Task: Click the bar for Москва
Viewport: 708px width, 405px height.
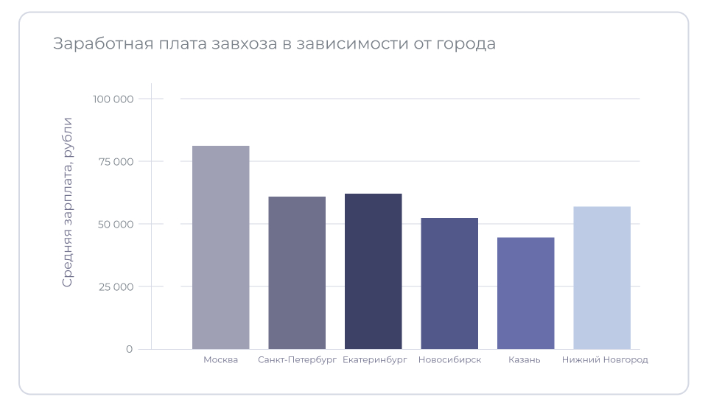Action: click(220, 247)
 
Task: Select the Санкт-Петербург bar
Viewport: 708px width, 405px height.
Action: click(297, 272)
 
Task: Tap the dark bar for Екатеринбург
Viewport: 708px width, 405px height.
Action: click(373, 271)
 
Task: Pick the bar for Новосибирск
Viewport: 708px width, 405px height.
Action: click(449, 283)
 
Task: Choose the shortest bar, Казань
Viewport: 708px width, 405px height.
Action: click(525, 293)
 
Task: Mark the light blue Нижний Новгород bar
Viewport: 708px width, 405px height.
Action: click(602, 278)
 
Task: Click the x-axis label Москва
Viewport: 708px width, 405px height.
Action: click(221, 360)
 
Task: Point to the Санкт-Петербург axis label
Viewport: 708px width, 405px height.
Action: click(297, 360)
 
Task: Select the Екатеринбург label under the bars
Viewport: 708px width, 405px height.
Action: click(375, 360)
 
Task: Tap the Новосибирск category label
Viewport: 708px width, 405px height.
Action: click(449, 360)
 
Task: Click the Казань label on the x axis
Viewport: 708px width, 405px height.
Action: click(525, 360)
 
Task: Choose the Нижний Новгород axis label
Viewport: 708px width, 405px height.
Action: click(605, 360)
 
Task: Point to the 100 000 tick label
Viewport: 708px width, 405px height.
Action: click(113, 99)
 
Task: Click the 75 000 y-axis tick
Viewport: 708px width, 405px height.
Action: click(116, 162)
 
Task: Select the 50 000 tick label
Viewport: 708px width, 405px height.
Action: click(116, 224)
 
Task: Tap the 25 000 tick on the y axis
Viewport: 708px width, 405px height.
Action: click(116, 286)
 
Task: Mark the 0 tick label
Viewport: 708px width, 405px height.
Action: click(129, 349)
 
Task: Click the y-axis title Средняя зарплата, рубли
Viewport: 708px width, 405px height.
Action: click(67, 202)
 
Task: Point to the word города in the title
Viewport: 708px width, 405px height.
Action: click(464, 44)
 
